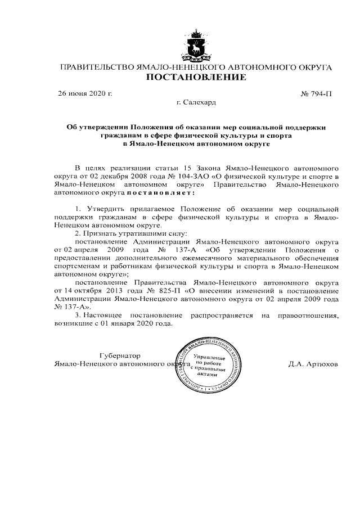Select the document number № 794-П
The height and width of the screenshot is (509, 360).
(317, 93)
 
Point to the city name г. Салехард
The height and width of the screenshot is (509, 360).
(196, 102)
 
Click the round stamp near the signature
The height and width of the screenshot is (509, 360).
(209, 365)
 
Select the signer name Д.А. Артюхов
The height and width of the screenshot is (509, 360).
(313, 364)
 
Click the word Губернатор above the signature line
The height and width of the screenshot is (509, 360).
(119, 355)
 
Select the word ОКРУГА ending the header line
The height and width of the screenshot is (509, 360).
(310, 67)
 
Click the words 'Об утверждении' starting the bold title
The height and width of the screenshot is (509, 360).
(97, 128)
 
